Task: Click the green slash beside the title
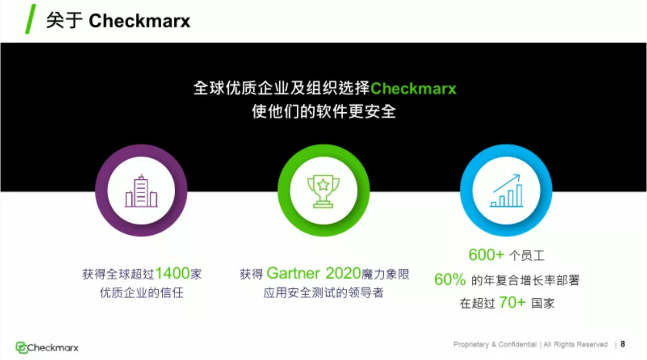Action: coord(30,19)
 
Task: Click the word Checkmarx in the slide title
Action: coord(140,21)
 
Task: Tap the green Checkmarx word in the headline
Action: coord(413,89)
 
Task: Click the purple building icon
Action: coord(141,191)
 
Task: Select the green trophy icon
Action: coord(323,191)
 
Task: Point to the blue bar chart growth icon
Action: coord(506,191)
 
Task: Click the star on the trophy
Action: coord(323,185)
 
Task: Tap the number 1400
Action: coord(173,273)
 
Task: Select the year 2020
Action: coord(344,273)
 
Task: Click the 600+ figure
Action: coord(486,254)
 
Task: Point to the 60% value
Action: coord(450,280)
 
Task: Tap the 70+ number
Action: coord(512,302)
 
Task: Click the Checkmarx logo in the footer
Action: coord(47,347)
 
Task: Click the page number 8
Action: coord(623,344)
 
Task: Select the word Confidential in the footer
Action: coord(517,345)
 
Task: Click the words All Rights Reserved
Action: coord(575,345)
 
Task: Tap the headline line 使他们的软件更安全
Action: coord(324,112)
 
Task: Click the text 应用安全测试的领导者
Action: coord(323,293)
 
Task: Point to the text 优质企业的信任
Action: coord(142,293)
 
